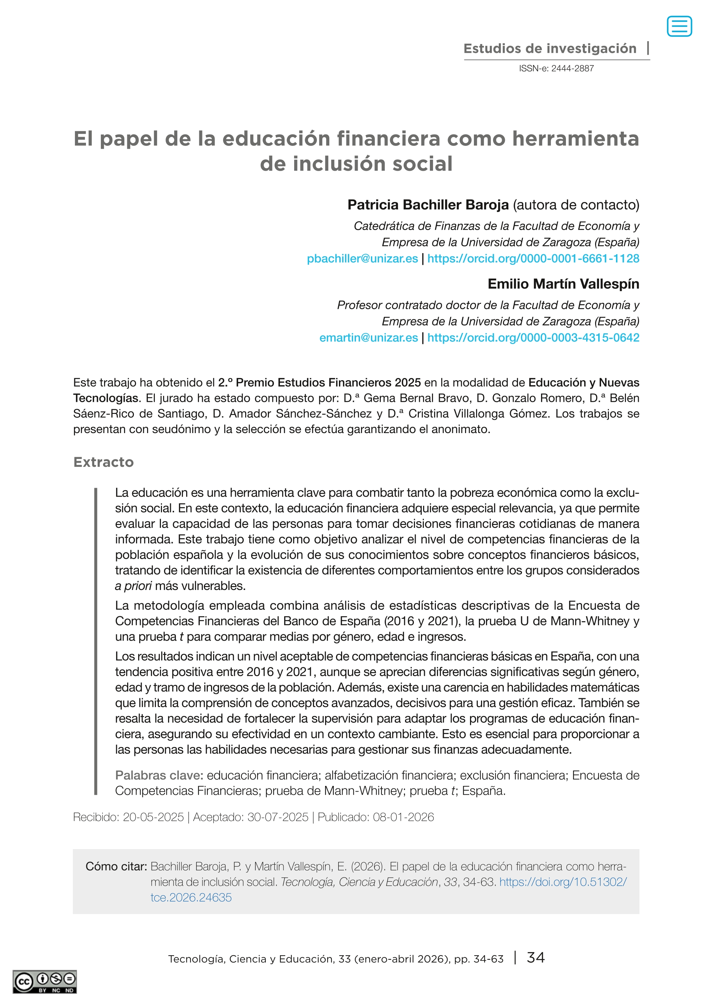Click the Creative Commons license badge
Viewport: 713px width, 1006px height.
click(x=44, y=982)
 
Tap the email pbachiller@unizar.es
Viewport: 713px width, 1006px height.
click(x=362, y=258)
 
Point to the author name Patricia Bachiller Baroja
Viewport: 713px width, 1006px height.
click(x=428, y=205)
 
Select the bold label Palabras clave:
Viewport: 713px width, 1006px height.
click(x=159, y=775)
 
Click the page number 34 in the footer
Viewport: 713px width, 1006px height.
click(x=536, y=957)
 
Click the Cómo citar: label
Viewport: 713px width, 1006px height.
click(x=116, y=866)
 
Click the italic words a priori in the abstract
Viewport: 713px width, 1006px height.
click(x=134, y=586)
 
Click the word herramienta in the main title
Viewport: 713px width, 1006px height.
click(x=575, y=139)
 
